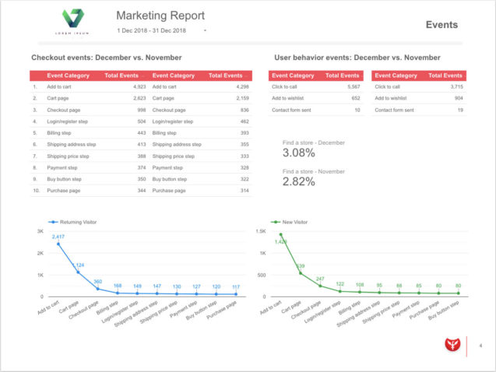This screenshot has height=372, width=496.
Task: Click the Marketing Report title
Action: [x=160, y=16]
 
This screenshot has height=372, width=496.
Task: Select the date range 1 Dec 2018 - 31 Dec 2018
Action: [x=152, y=30]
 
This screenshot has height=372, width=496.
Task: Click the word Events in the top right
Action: [x=441, y=25]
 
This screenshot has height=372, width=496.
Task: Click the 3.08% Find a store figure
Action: [x=299, y=153]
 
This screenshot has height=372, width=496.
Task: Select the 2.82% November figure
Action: [x=299, y=182]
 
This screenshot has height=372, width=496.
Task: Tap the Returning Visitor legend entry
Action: [x=77, y=222]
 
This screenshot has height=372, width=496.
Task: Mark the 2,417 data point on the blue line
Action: [x=58, y=244]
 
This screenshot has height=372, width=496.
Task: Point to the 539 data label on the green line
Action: [x=300, y=266]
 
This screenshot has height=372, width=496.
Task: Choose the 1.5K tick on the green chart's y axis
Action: [x=262, y=232]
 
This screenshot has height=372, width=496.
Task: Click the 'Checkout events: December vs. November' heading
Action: [x=106, y=58]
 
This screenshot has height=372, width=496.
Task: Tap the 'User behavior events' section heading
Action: [x=357, y=58]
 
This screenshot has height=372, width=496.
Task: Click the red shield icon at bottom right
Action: [x=449, y=345]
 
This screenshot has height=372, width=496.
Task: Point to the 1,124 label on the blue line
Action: [x=78, y=265]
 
